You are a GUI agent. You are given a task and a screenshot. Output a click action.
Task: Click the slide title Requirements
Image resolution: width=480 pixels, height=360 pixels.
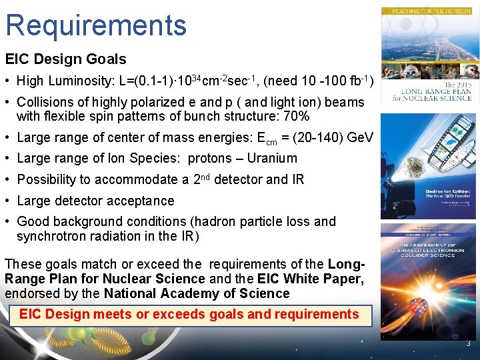point(96,25)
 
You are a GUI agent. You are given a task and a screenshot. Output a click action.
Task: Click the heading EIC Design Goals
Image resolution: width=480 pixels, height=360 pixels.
point(65,59)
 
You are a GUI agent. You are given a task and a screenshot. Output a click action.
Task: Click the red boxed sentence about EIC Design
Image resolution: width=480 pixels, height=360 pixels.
point(189,315)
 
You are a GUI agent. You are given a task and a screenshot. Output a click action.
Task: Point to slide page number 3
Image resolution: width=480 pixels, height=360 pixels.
point(469,344)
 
